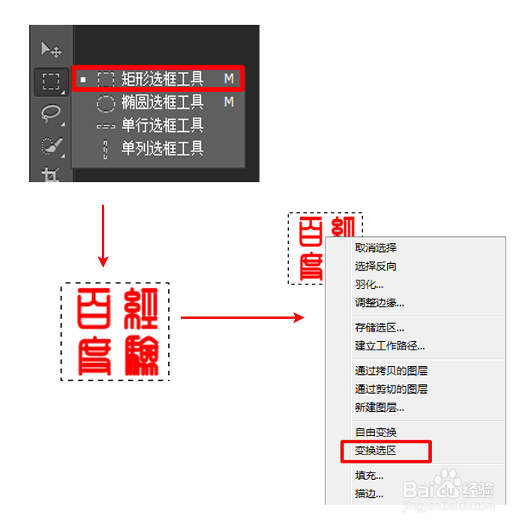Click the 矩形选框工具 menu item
point(162,78)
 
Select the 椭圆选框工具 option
point(162,101)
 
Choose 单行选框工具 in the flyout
point(162,124)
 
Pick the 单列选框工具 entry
point(162,148)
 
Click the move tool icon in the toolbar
point(51,50)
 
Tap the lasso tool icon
point(51,112)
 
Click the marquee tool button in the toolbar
point(51,81)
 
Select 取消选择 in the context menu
point(376,247)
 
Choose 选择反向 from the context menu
point(376,266)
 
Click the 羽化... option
point(369,284)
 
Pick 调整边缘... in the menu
point(379,303)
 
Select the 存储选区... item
point(379,328)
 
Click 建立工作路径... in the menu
point(390,346)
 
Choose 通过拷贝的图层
point(391,370)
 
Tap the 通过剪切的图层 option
point(391,389)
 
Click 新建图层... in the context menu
point(379,408)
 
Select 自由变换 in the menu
point(376,432)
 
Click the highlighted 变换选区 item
point(376,451)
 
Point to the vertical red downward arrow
point(103,236)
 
